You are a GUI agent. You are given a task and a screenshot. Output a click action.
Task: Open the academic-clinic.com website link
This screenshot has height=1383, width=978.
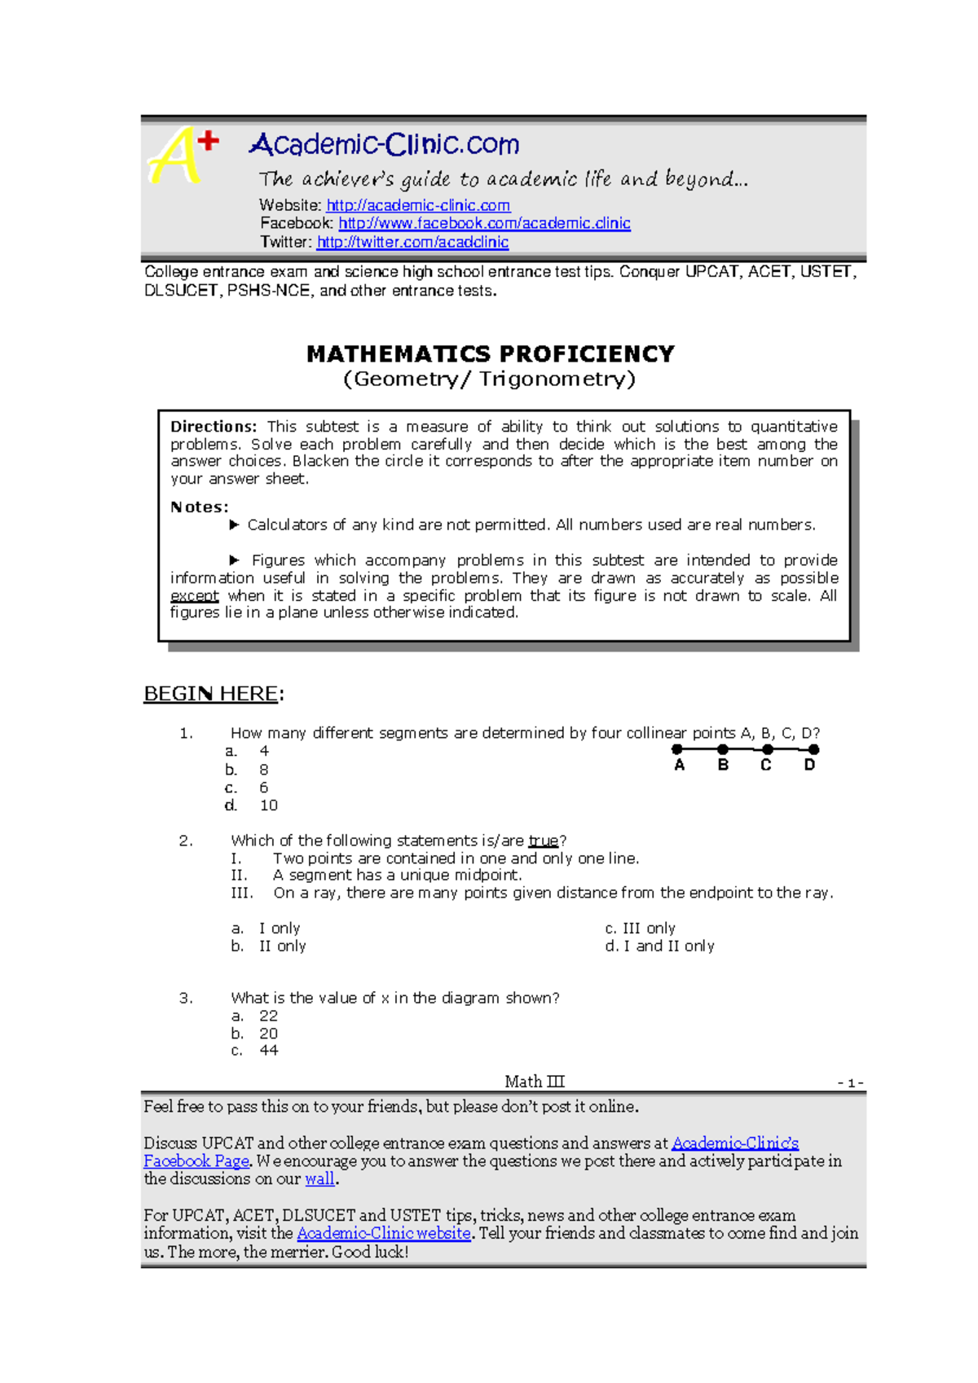418,206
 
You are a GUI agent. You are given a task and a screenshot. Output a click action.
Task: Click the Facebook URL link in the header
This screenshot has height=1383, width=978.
484,223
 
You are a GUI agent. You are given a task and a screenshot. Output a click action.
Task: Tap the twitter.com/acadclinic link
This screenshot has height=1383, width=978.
412,242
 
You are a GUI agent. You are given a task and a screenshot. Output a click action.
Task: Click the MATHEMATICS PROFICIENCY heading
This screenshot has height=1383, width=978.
490,354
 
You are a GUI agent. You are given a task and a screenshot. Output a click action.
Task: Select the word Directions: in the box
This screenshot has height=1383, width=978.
214,427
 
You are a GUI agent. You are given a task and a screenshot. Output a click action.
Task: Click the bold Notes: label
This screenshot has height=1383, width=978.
200,507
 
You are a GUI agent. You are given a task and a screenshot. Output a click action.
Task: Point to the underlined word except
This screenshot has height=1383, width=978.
194,596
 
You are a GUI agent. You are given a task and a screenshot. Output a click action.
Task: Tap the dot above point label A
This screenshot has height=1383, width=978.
677,749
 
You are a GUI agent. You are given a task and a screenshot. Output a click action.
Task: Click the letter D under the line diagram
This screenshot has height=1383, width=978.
809,766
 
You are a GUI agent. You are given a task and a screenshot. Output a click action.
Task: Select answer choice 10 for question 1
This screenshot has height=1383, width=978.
268,806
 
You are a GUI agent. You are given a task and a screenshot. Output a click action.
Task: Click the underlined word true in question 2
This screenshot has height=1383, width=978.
543,841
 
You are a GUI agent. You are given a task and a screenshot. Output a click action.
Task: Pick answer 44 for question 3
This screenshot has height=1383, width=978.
268,1051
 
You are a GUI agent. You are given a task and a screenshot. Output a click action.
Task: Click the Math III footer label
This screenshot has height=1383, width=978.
534,1082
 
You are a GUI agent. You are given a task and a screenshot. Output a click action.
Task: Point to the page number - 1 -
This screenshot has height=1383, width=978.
850,1083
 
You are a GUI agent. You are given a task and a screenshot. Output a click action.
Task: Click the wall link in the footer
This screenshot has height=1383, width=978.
319,1179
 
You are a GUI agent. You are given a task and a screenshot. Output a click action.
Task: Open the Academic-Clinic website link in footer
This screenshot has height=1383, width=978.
383,1234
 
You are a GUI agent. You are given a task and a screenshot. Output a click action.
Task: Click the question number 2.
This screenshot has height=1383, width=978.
186,841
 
